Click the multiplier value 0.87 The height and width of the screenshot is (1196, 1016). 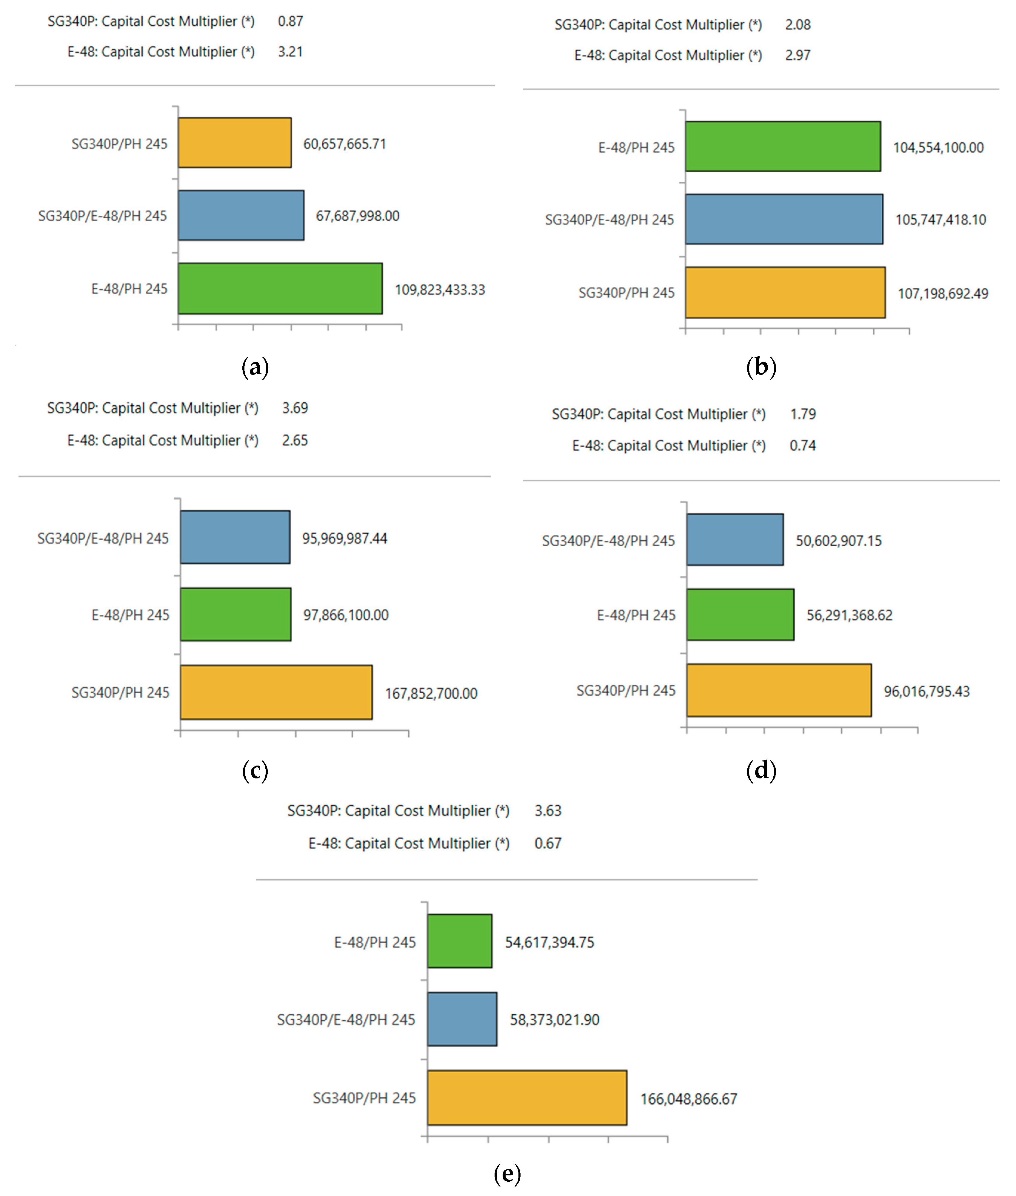click(290, 21)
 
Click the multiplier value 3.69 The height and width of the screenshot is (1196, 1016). click(295, 408)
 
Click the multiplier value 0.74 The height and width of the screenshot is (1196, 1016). click(802, 446)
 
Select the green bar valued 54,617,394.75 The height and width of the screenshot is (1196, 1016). click(460, 941)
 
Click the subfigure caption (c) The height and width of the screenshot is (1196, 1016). click(255, 771)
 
